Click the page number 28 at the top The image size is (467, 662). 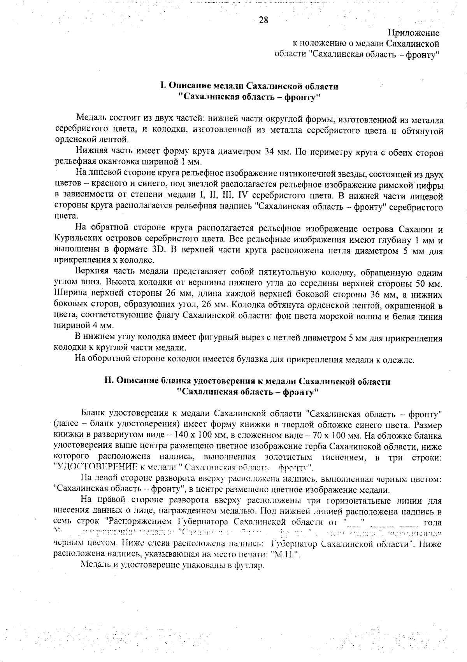(263, 21)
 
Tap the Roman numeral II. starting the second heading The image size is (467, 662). (108, 382)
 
